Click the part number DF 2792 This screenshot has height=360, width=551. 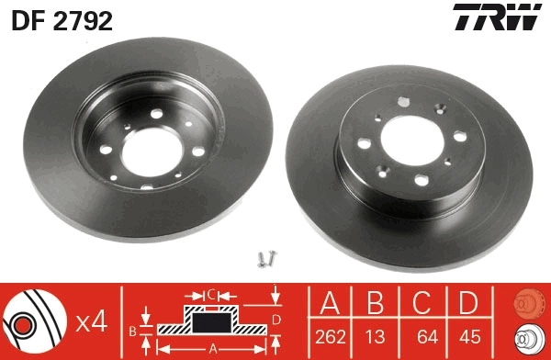(62, 19)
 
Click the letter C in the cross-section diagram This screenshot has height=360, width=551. (210, 294)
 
